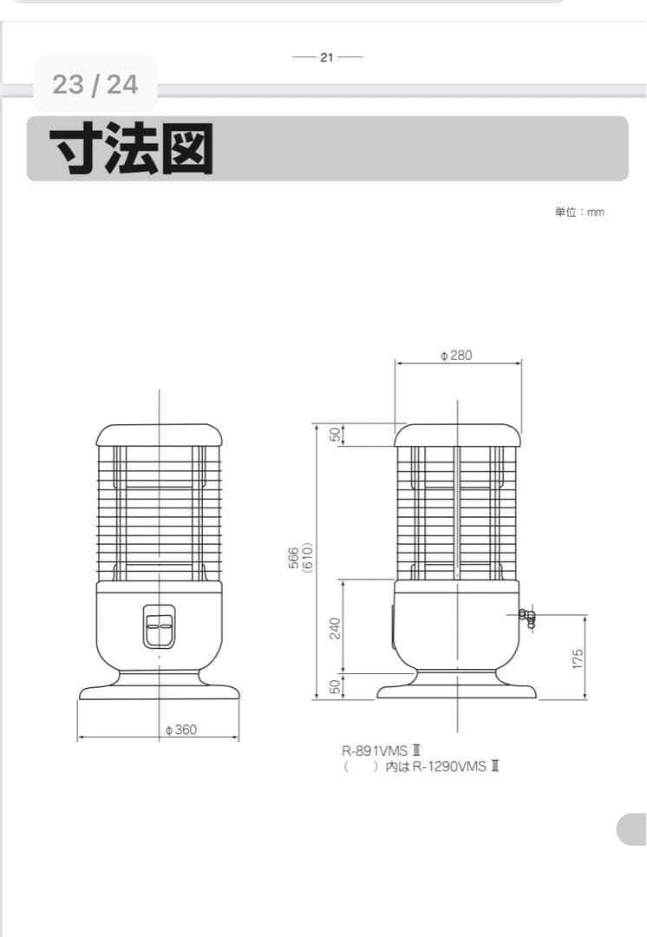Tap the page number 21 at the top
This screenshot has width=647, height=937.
(x=327, y=57)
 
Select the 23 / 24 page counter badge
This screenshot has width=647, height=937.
(x=95, y=84)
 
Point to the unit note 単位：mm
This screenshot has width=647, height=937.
(x=579, y=213)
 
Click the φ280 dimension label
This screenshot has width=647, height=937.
(x=457, y=356)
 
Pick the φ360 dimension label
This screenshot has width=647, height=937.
(x=181, y=730)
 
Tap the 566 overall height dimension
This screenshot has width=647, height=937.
(x=294, y=558)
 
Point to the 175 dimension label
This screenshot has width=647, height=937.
(x=578, y=659)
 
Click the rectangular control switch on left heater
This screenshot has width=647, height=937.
(x=159, y=626)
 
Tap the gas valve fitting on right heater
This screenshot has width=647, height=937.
(x=526, y=617)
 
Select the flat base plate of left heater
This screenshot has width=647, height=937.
(x=160, y=692)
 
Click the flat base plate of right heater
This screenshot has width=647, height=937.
(x=457, y=692)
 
